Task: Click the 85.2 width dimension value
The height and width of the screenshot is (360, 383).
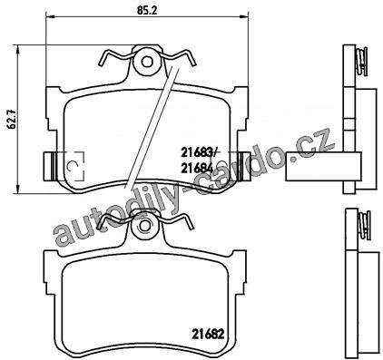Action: (147, 11)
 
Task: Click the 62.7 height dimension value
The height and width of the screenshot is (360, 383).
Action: (12, 120)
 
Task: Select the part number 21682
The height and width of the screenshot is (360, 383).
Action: (208, 334)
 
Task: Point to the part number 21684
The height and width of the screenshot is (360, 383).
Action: (197, 168)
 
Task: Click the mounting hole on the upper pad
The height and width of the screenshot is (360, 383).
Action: (147, 63)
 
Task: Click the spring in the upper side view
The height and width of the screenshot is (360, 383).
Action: (361, 62)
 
